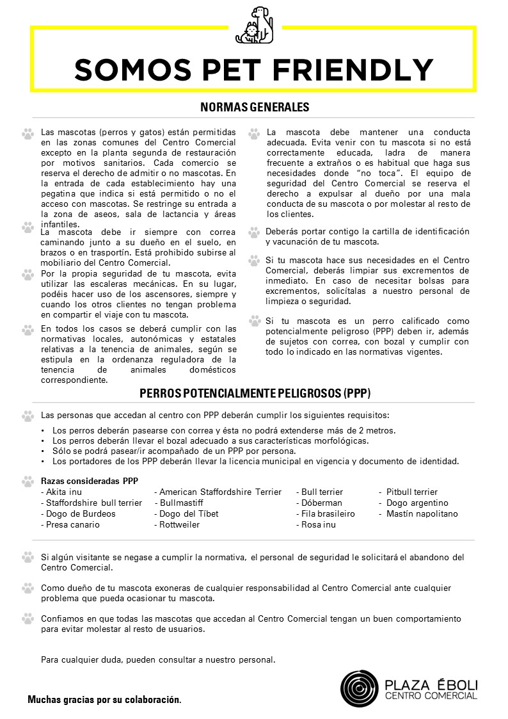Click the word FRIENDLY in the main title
(361, 69)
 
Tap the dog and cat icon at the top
(254, 26)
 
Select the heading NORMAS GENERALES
(254, 107)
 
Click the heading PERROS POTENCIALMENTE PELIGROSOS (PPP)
(255, 392)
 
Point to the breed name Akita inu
(63, 492)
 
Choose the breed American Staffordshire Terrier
(219, 492)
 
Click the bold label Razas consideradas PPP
(89, 481)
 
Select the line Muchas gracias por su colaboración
(104, 700)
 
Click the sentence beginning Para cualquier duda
(158, 659)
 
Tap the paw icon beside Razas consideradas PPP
(28, 481)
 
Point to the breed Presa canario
(72, 524)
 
